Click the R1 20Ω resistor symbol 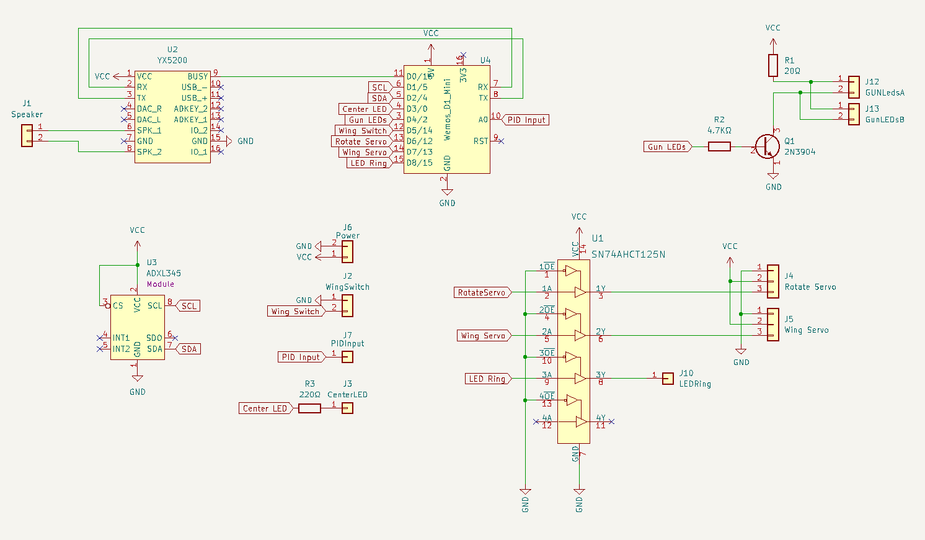[773, 65]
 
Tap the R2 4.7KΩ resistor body [719, 146]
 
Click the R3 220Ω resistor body [309, 408]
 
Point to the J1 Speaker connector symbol [27, 135]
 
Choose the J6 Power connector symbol [347, 251]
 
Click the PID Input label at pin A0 [525, 120]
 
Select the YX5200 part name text [172, 61]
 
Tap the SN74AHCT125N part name [628, 254]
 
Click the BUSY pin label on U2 [198, 76]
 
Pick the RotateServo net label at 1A [482, 292]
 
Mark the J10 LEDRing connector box [668, 379]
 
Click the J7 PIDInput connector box [348, 357]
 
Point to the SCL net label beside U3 [188, 306]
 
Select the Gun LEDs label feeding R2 [667, 146]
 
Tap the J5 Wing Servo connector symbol [773, 324]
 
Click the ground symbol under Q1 [773, 176]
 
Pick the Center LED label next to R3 [265, 408]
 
